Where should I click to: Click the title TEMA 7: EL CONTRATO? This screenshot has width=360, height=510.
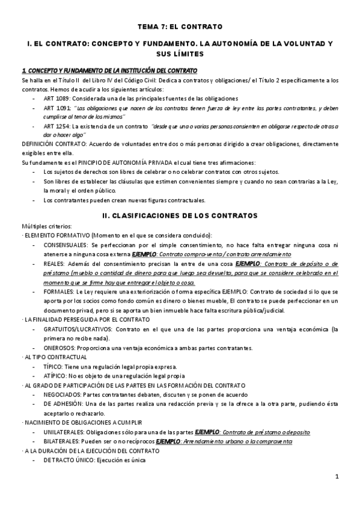(180, 26)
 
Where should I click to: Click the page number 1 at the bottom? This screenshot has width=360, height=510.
(337, 477)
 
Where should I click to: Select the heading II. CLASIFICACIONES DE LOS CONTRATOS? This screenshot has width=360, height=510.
(180, 215)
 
